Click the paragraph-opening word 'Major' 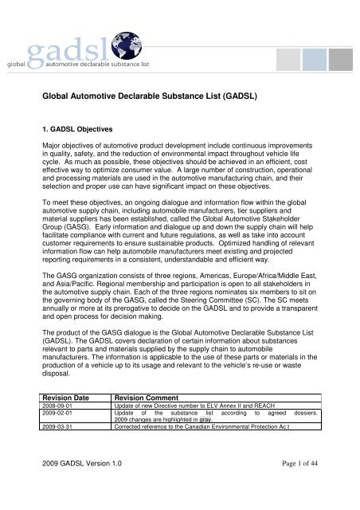click(x=55, y=169)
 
